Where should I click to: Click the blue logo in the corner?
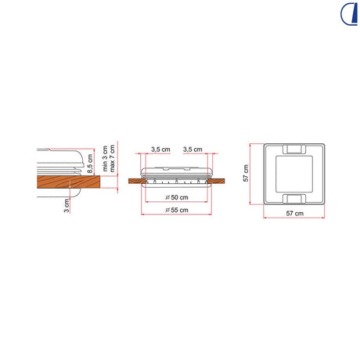click(349, 14)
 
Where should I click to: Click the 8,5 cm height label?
click(90, 164)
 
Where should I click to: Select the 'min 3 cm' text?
click(105, 158)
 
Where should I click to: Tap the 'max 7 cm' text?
click(112, 158)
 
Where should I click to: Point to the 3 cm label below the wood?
click(67, 206)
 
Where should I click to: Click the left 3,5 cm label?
click(160, 149)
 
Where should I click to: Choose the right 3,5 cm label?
click(193, 149)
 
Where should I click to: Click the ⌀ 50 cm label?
click(177, 197)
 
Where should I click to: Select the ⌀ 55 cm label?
click(177, 210)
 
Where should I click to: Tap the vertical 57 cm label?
click(246, 173)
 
